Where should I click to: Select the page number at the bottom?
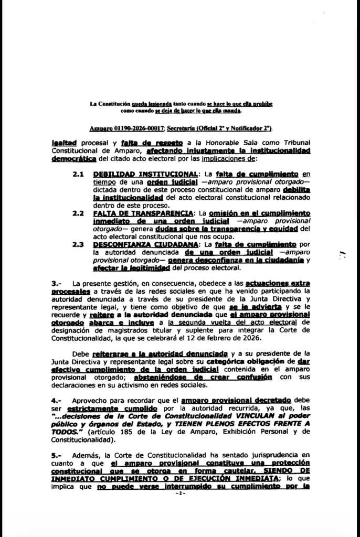180,494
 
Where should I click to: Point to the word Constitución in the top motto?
114,104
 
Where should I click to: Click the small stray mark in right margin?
342,255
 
